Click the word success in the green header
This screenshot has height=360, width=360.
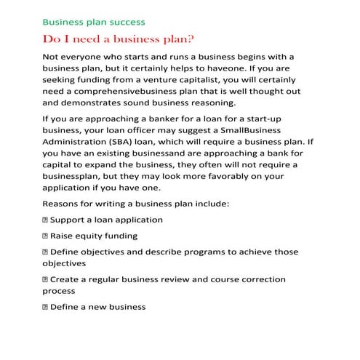[127, 22]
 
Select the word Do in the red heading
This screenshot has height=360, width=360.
[52, 38]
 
